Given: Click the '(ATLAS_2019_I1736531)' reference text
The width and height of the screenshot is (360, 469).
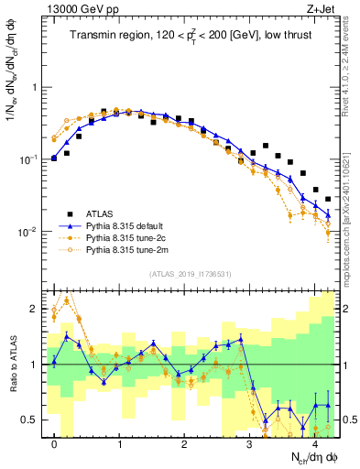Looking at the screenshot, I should [x=189, y=274].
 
